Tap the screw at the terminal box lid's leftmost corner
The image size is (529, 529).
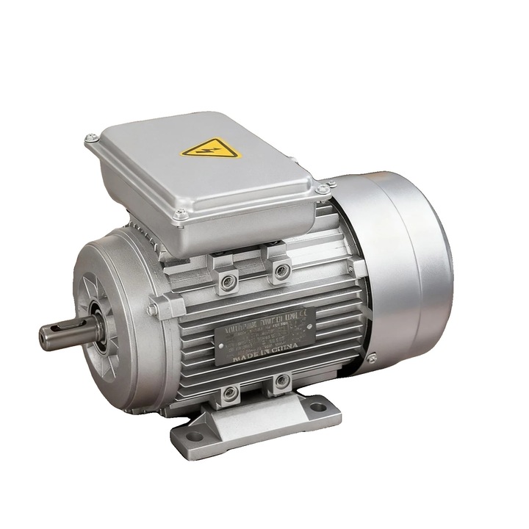(x=91, y=138)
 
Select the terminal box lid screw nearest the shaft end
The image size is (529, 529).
(x=180, y=215)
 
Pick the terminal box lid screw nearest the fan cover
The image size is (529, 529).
(x=322, y=190)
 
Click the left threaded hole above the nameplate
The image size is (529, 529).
(x=228, y=279)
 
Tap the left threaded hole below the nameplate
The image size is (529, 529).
(x=231, y=394)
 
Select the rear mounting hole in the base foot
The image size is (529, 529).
(x=317, y=406)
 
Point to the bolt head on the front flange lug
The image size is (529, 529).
(x=152, y=310)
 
